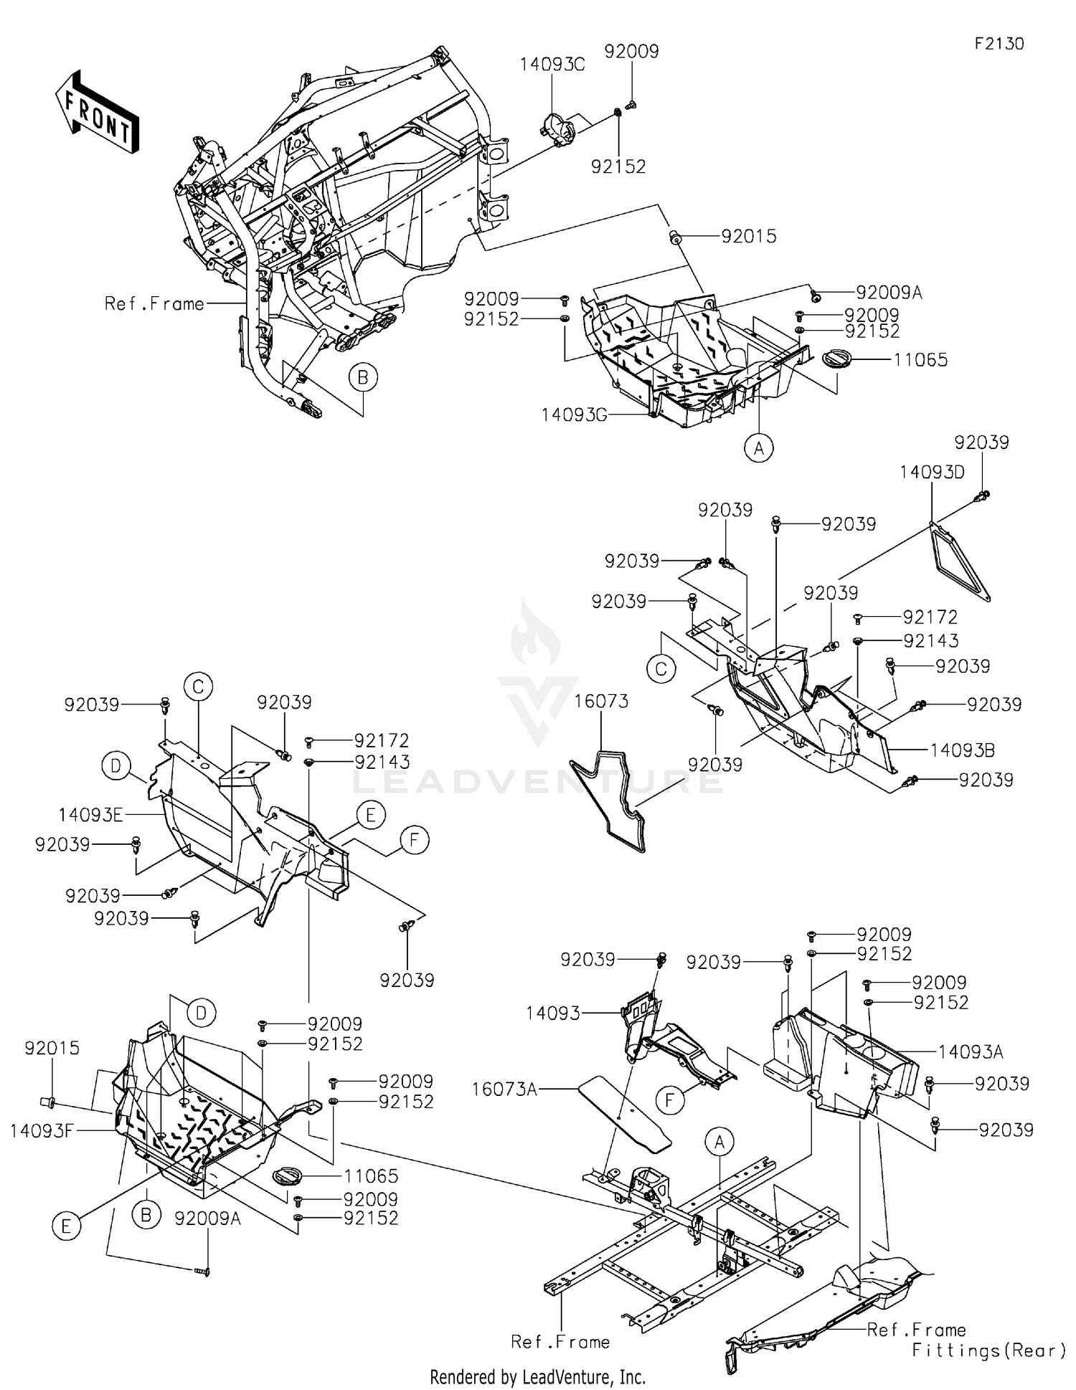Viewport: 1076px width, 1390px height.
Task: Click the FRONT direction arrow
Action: coord(97,112)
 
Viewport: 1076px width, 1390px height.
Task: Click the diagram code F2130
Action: coord(999,44)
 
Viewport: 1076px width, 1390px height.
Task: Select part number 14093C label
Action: coord(552,65)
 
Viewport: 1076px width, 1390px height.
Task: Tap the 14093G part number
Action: coord(574,415)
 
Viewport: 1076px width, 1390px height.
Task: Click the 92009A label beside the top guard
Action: coord(889,293)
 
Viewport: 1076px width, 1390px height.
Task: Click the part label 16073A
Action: coord(504,1089)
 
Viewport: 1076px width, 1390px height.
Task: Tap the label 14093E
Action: coord(90,815)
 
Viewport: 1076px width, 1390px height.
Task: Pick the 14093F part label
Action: coord(42,1130)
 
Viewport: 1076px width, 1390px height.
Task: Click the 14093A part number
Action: coord(971,1052)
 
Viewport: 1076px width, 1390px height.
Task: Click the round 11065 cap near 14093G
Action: coord(835,358)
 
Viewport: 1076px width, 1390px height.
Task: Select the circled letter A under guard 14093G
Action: coord(758,448)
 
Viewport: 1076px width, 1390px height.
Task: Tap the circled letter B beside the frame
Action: coord(363,377)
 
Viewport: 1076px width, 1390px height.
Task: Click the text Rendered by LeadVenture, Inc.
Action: coord(537,1376)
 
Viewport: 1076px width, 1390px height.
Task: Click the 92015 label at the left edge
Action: coord(52,1048)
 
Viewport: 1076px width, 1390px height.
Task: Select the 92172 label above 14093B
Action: coord(930,617)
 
